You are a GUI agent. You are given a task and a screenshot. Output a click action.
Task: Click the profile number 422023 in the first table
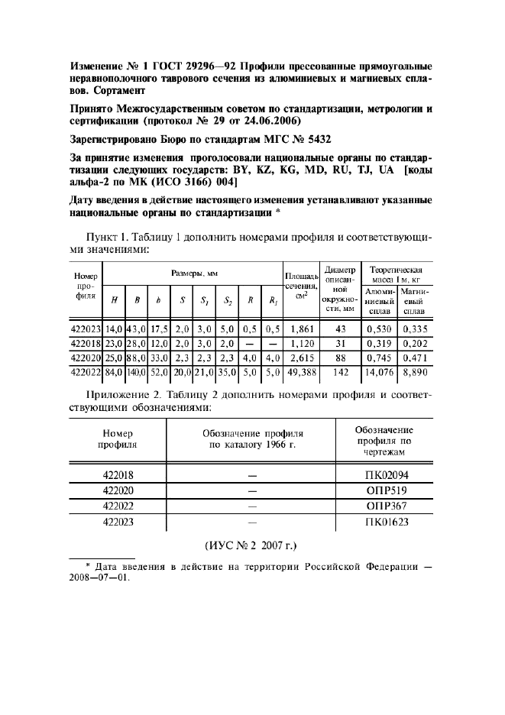(86, 329)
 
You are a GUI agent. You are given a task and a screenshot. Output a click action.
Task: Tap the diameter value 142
(341, 371)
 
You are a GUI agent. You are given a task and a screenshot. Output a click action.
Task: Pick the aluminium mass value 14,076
(380, 371)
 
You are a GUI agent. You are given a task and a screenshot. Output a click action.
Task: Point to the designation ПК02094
(387, 475)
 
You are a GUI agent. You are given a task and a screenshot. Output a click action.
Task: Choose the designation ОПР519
(387, 491)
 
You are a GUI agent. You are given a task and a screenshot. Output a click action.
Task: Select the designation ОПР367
(387, 506)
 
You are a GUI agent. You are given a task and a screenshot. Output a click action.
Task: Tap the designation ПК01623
(387, 522)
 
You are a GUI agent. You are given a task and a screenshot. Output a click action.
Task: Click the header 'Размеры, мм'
(191, 272)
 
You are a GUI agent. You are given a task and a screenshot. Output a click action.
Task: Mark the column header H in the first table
(114, 300)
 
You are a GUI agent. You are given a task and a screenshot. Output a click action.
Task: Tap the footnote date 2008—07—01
(99, 577)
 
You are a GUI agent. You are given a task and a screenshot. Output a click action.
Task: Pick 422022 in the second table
(118, 506)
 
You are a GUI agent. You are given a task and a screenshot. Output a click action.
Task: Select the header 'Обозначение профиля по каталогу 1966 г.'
(251, 438)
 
